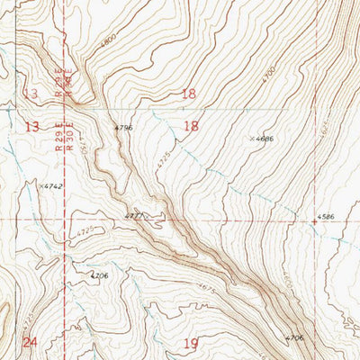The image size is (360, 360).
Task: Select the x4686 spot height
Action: (261, 139)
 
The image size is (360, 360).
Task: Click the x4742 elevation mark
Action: (50, 186)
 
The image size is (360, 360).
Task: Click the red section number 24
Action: (30, 342)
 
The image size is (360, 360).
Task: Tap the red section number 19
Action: (190, 343)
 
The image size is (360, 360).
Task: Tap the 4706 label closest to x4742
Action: (99, 275)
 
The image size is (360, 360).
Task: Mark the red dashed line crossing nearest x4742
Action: (66, 219)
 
